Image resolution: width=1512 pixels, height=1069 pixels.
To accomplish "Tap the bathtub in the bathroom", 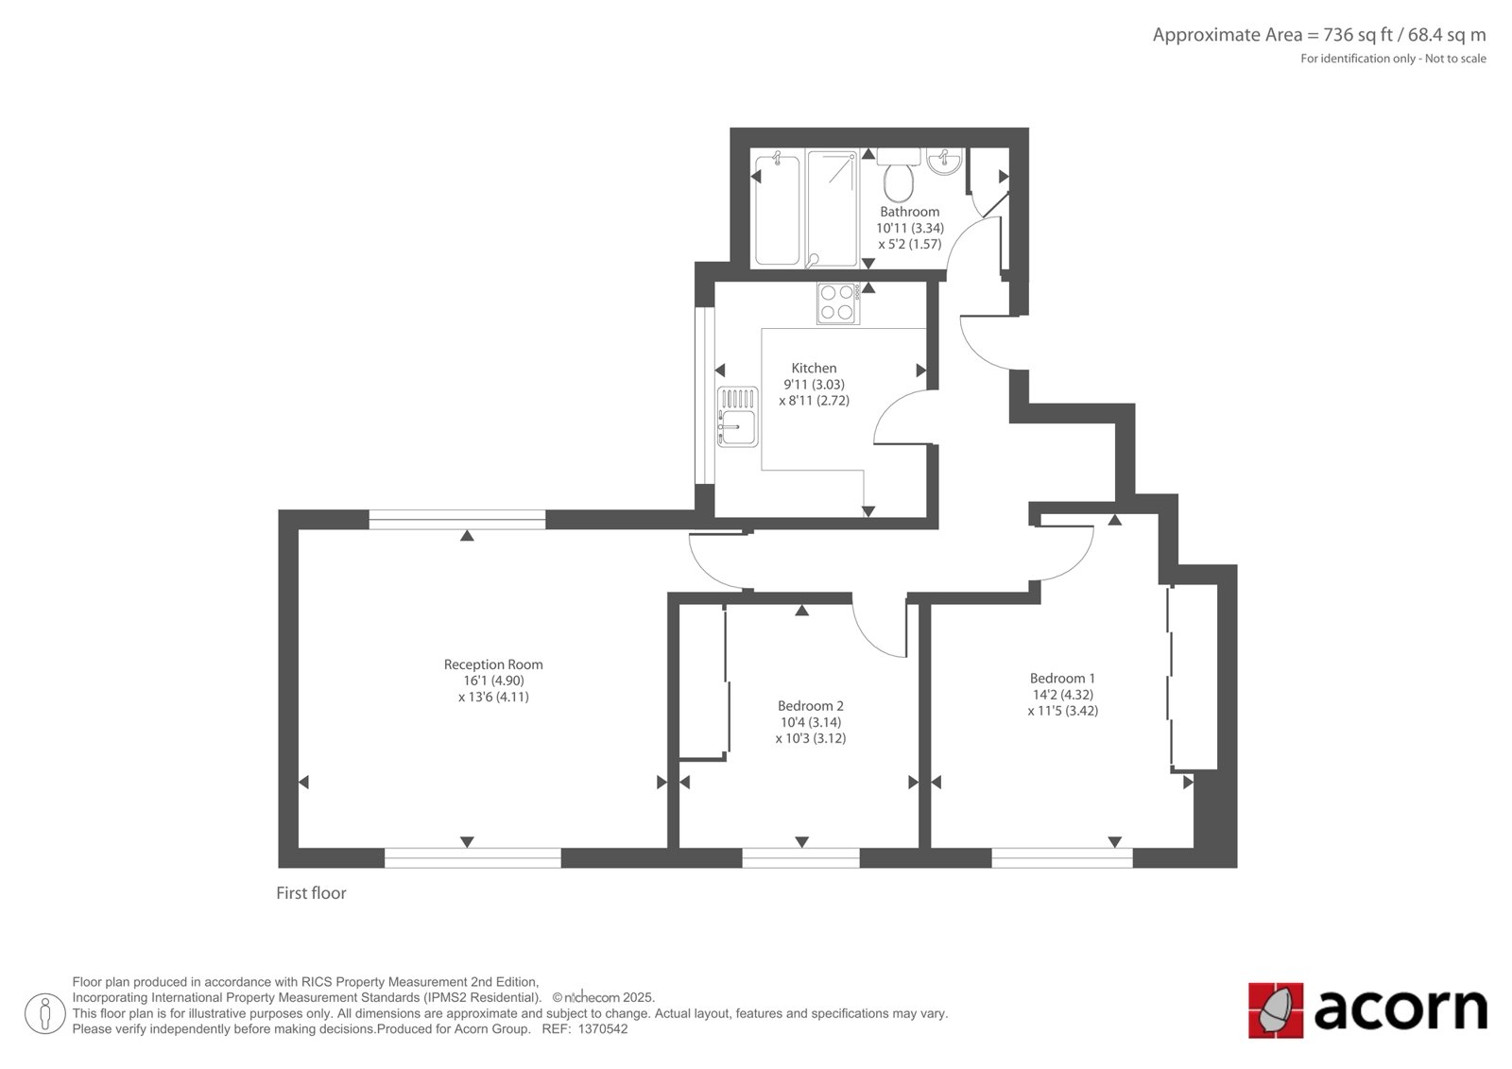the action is [777, 209].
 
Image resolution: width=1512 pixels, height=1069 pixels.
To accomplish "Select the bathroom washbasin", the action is [944, 162].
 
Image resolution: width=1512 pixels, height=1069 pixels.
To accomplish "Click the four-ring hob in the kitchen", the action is [837, 303].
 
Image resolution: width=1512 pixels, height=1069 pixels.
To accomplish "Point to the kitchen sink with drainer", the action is [738, 417].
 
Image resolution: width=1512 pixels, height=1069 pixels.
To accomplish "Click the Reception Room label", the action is [493, 664].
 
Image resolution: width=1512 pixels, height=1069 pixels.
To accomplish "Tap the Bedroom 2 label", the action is [811, 706].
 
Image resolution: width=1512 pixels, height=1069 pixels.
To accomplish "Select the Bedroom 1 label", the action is [1062, 678].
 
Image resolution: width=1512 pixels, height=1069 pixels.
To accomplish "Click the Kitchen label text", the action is [814, 368].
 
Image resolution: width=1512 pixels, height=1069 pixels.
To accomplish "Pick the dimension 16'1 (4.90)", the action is [493, 681].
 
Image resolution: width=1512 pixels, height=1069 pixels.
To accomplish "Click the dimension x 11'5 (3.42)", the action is [1062, 711].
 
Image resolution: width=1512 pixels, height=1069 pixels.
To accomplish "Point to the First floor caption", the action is [311, 893].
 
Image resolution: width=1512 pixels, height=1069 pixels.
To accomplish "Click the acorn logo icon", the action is [1276, 1010].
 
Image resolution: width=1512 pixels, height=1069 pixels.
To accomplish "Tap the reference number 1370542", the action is [603, 1029].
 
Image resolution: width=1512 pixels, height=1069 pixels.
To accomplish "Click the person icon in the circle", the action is [45, 1013].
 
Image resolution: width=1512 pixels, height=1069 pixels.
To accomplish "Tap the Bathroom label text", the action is [909, 212].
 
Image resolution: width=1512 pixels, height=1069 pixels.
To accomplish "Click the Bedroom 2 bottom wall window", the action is [801, 858].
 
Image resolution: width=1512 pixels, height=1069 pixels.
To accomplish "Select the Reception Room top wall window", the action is [457, 519].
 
